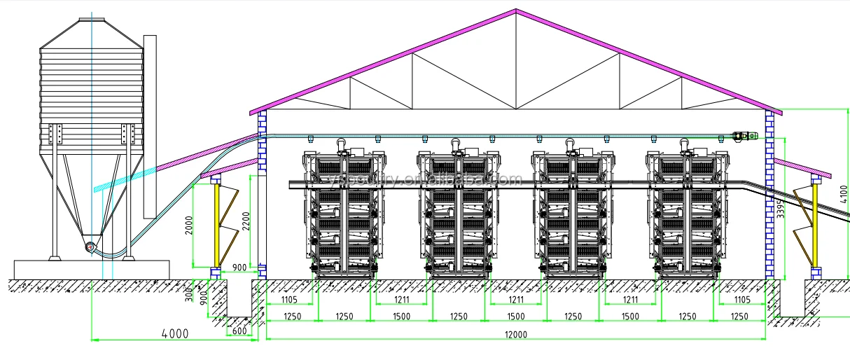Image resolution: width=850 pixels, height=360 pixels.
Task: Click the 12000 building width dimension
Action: point(515,335)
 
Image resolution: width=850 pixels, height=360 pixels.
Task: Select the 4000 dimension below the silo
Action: point(175,334)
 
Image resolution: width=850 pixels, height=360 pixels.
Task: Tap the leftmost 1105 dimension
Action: point(290,300)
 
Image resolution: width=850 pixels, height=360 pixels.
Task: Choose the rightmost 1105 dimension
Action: point(741,300)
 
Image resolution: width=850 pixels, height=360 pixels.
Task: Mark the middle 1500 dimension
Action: point(515,317)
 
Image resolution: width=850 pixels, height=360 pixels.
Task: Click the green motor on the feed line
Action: point(741,135)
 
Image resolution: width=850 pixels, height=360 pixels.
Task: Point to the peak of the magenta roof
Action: point(516,11)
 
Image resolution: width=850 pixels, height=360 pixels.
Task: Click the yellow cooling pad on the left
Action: point(217,224)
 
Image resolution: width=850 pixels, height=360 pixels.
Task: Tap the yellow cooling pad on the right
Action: point(815,224)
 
